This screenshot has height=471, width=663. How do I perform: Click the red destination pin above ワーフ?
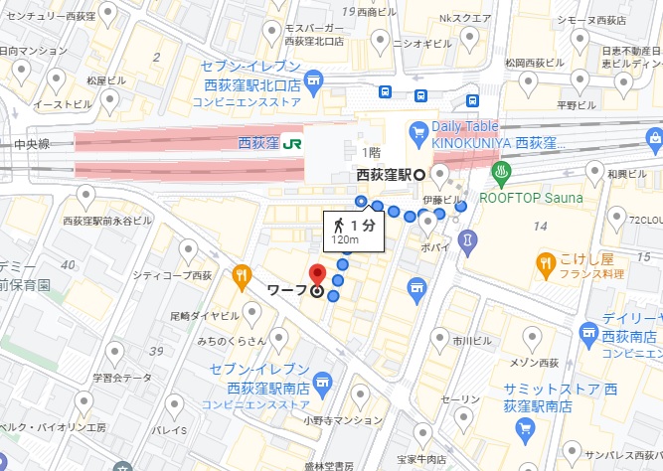point(317,273)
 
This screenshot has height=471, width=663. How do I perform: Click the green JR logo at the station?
point(292,143)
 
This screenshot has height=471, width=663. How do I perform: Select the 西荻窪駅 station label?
point(386,175)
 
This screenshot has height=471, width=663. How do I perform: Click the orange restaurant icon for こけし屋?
point(545,263)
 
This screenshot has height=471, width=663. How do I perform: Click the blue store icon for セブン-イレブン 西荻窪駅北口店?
point(314,79)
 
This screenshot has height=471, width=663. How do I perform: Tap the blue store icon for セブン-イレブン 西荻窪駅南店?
point(321,383)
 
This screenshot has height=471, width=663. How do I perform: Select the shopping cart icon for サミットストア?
point(525,428)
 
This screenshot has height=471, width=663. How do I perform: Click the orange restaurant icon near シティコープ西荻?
point(241,275)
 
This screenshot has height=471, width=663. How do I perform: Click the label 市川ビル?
point(467,340)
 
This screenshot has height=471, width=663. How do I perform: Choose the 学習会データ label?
point(122,378)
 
